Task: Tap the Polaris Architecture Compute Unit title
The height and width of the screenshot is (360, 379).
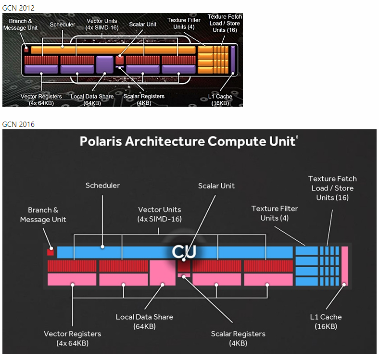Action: (x=188, y=141)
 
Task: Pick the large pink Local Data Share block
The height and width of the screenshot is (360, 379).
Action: (x=163, y=273)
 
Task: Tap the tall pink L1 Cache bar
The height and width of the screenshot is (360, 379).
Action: (x=344, y=266)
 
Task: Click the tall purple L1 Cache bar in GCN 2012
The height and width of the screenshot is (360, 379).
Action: (x=233, y=60)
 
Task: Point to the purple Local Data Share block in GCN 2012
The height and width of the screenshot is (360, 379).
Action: (x=104, y=64)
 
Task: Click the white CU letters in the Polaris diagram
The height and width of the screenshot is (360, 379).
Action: (x=185, y=252)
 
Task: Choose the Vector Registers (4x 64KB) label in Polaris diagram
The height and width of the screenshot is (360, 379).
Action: (x=72, y=338)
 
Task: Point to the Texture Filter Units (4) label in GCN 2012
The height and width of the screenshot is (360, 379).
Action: (x=184, y=23)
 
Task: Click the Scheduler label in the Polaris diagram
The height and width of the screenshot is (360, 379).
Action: (x=102, y=186)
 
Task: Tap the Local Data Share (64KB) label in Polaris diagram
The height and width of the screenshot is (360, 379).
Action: (x=144, y=322)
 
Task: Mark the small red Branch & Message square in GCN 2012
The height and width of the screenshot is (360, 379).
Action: (x=26, y=50)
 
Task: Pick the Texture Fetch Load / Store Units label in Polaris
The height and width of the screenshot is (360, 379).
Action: (x=332, y=188)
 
